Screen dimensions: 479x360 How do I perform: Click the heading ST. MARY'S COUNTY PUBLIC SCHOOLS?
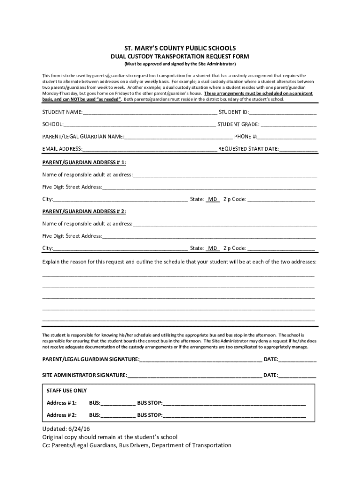point(180,48)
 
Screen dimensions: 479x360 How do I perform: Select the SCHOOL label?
point(52,124)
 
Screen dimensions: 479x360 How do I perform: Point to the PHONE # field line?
point(287,137)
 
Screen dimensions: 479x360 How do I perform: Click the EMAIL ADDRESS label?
point(62,149)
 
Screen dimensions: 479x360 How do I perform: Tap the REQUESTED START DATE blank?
point(298,149)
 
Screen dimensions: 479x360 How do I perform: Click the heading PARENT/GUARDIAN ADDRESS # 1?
point(84,162)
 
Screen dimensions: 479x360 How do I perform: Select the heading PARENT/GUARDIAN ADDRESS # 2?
point(84,211)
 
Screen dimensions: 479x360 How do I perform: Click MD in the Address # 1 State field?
point(213,199)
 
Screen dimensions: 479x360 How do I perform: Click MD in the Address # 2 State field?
point(213,248)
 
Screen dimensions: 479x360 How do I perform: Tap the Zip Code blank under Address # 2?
point(281,248)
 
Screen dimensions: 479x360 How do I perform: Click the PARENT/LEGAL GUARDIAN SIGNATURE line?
point(201,359)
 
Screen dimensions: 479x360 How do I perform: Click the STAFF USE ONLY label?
point(67,391)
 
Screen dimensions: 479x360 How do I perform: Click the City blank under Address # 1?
point(120,199)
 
